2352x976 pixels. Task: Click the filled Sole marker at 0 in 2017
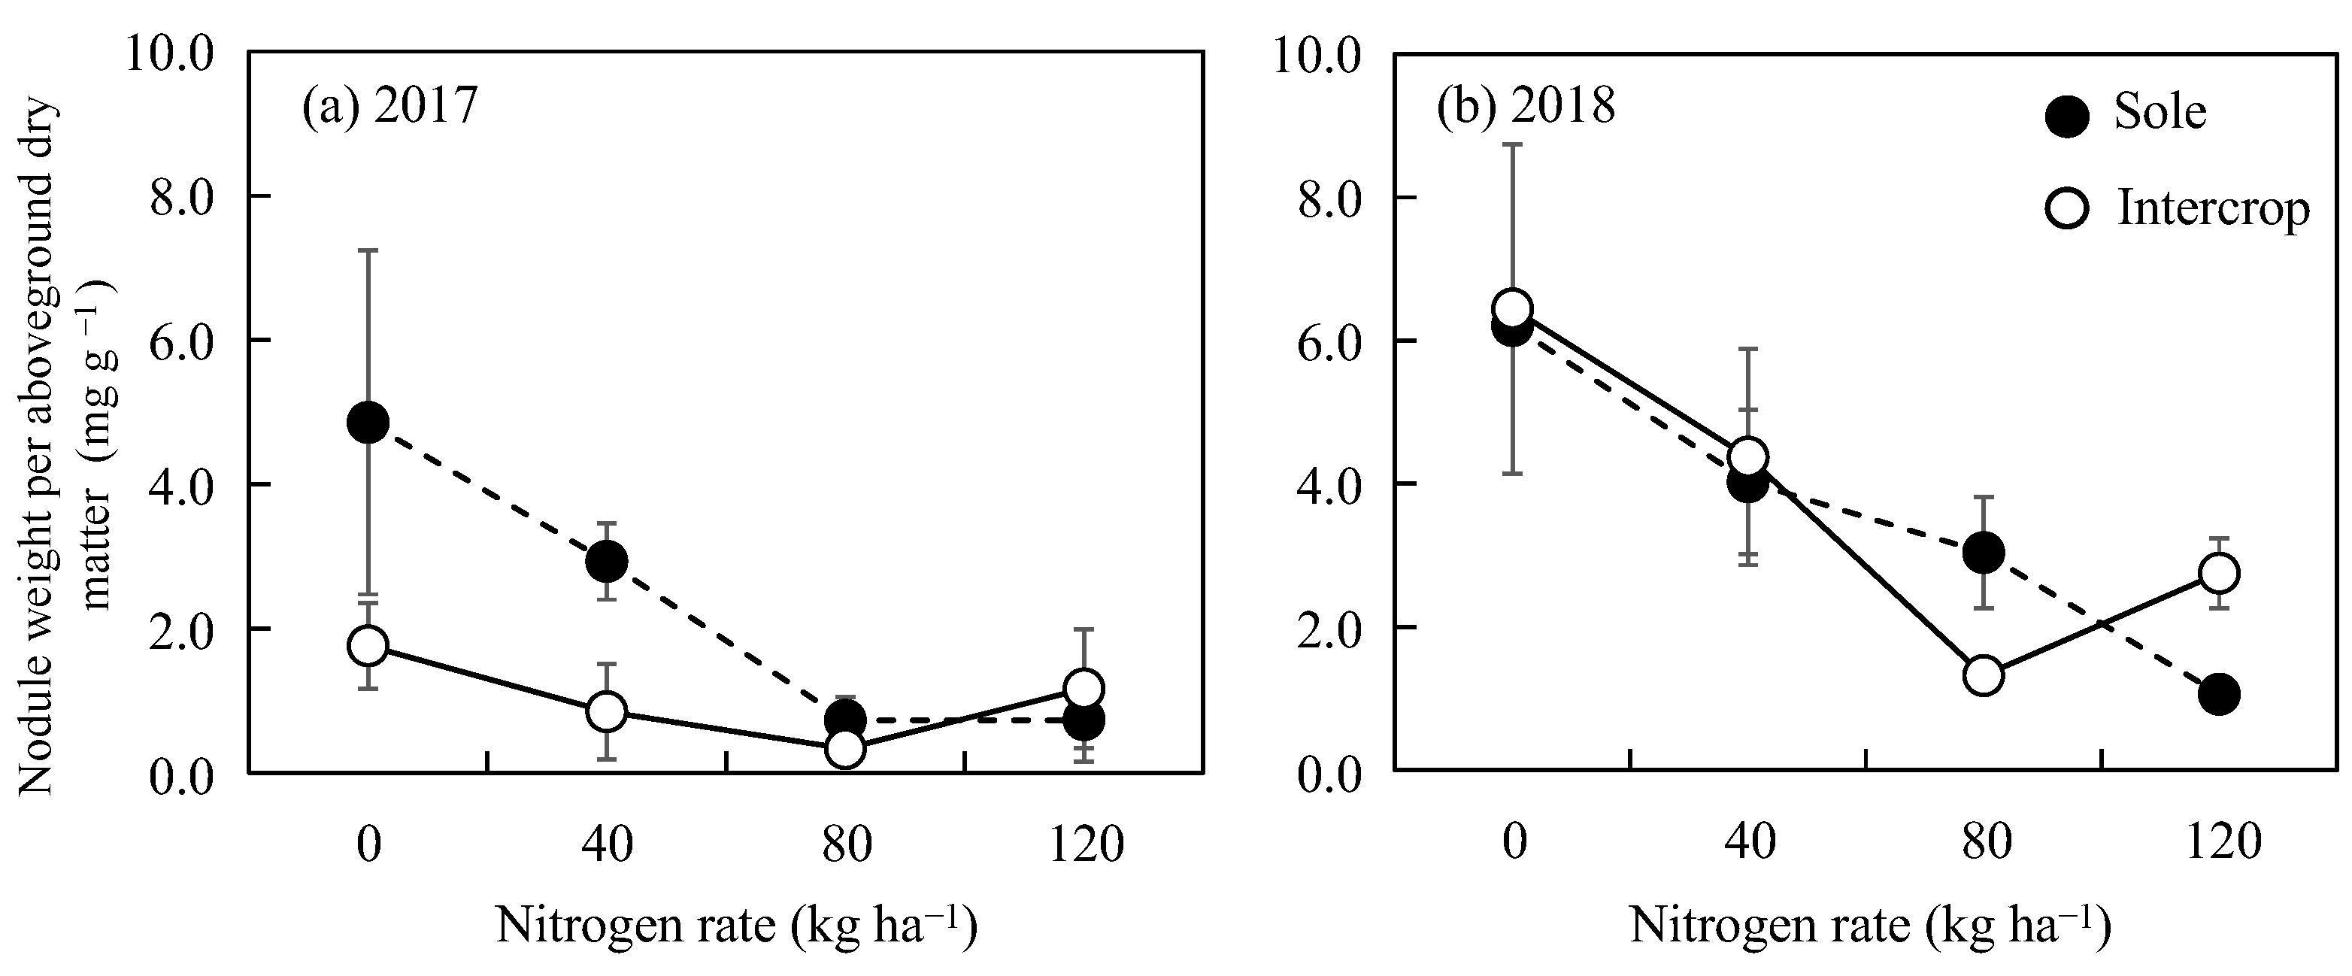[368, 422]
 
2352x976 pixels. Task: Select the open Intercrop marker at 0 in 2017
[368, 645]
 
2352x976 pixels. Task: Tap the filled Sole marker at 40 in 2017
[606, 562]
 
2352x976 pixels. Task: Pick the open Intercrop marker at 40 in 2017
[606, 711]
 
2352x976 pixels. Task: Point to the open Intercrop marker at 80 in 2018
[1983, 676]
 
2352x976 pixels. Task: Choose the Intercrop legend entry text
[2212, 209]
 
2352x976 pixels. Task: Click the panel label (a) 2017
[389, 108]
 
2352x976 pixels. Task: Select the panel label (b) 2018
[1526, 108]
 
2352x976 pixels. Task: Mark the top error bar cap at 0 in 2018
[1513, 144]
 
